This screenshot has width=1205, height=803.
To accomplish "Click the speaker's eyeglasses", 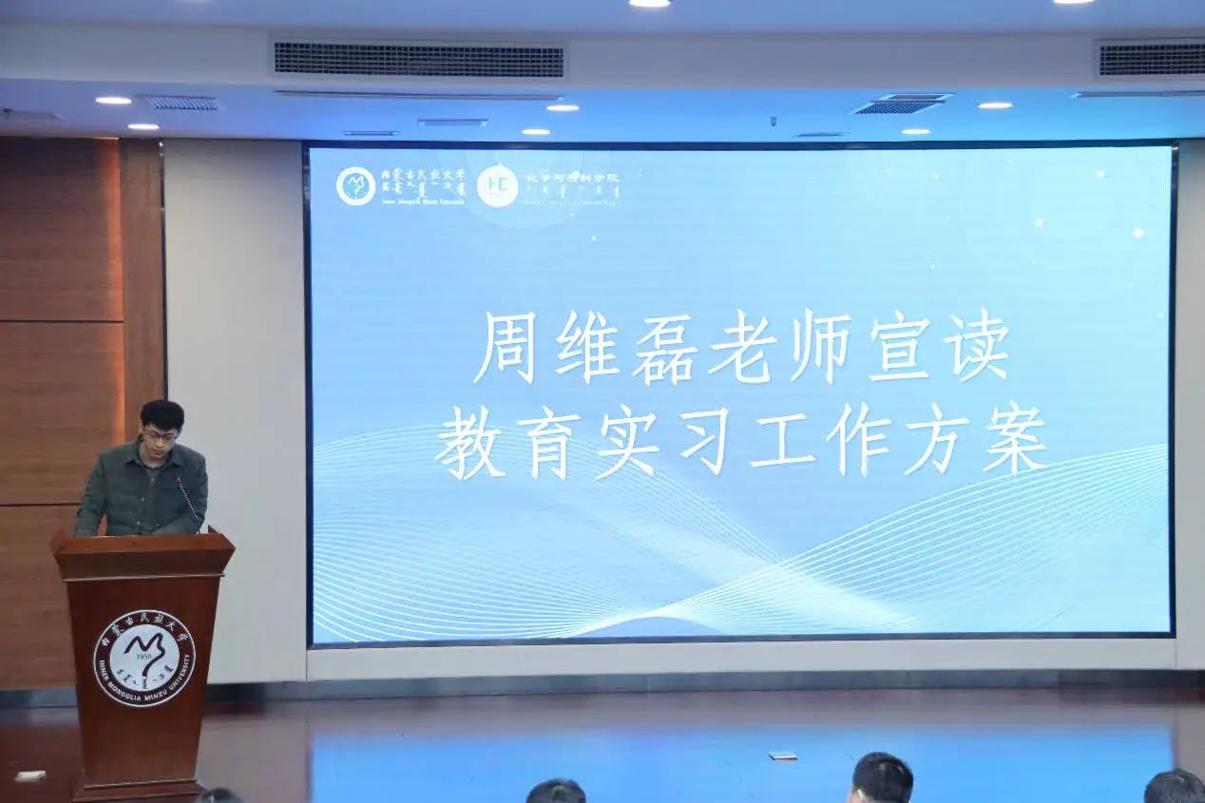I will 160,436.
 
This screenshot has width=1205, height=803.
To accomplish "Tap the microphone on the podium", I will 187,500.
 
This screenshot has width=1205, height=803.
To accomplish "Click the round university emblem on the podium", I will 144,659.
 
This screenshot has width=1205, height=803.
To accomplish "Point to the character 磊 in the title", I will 665,346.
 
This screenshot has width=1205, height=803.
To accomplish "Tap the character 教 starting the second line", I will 469,442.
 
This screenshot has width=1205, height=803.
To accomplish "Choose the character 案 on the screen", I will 1015,442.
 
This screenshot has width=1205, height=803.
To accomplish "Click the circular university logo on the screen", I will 356,186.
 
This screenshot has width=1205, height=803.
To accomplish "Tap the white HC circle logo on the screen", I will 497,186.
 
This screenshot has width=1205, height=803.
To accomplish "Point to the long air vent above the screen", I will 418,60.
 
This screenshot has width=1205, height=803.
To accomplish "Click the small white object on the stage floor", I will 781,755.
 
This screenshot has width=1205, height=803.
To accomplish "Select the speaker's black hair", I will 162,413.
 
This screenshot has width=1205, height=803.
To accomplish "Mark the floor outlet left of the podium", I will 29,775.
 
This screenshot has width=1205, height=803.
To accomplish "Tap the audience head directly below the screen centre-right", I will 881,778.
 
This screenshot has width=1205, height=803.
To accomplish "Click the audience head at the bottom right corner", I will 1173,787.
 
